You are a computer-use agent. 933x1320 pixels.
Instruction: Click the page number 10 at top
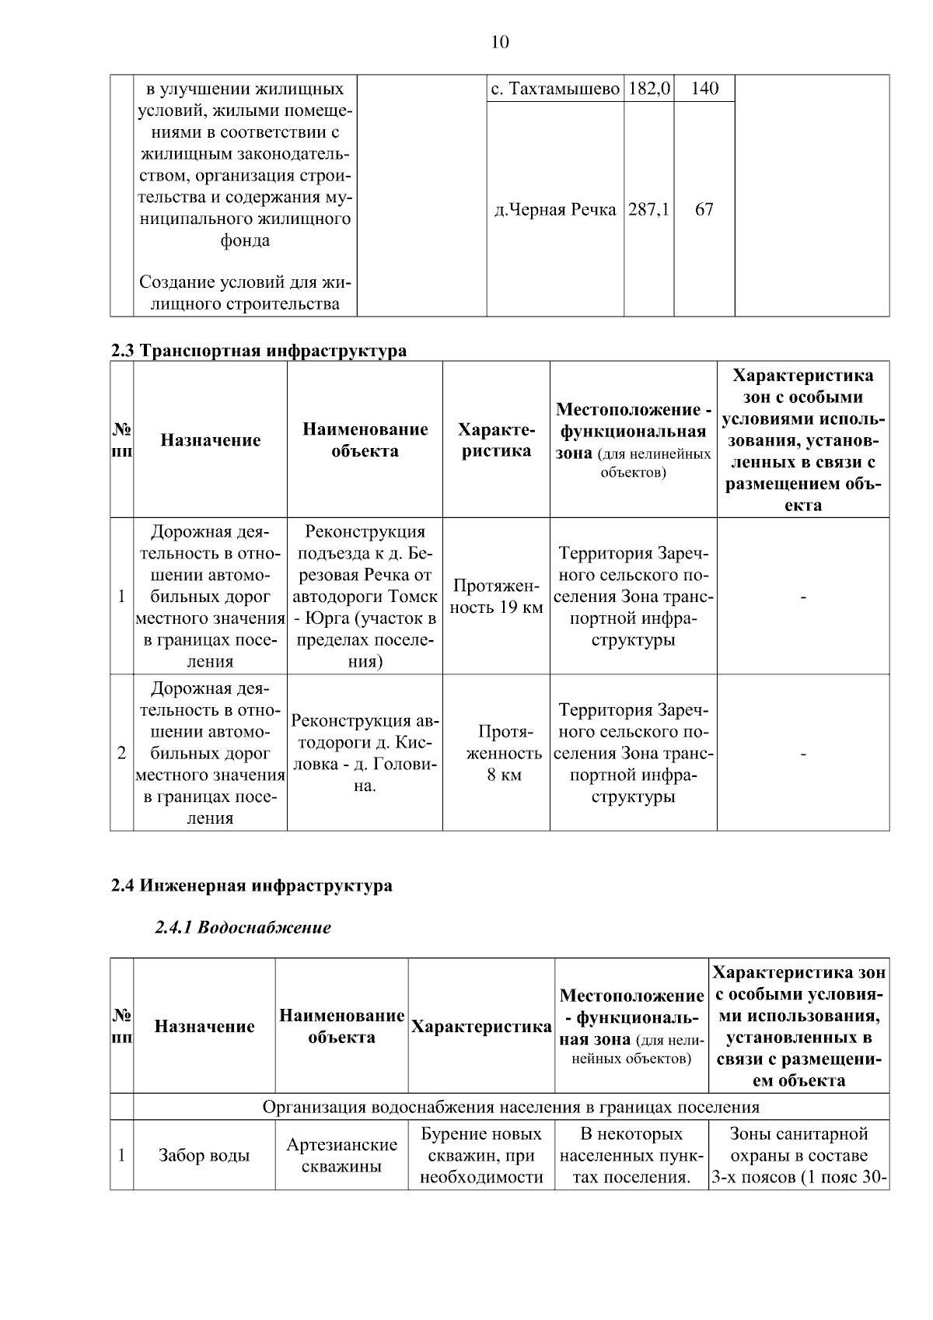click(x=500, y=42)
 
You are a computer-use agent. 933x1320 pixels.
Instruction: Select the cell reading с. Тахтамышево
click(x=555, y=89)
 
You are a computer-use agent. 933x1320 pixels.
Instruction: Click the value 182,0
click(x=648, y=89)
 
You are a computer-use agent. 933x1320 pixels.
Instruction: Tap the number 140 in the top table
click(x=704, y=89)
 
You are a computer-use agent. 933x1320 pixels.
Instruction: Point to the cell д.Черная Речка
click(x=555, y=210)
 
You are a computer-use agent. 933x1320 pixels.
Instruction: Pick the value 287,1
click(x=648, y=210)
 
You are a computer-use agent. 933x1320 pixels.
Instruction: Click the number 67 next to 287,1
click(x=704, y=210)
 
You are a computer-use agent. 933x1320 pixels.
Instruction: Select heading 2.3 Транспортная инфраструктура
click(x=258, y=351)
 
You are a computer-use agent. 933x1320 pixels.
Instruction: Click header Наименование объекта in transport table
click(x=365, y=440)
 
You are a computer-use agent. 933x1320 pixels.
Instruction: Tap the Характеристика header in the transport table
click(x=496, y=440)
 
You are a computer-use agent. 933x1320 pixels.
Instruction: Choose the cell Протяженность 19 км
click(x=496, y=597)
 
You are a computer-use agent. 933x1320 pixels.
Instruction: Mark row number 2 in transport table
click(x=121, y=753)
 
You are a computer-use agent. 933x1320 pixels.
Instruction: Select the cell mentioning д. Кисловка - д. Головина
click(x=365, y=753)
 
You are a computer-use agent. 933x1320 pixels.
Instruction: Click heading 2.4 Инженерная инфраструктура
click(x=251, y=886)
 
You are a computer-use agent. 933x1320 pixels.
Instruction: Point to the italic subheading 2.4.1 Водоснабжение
click(x=243, y=928)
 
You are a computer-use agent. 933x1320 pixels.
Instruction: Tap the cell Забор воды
click(x=204, y=1156)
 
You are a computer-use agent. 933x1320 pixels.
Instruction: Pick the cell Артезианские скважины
click(x=341, y=1156)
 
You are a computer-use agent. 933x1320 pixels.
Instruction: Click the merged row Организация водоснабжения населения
click(x=511, y=1107)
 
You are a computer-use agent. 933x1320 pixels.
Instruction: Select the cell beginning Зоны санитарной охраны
click(x=798, y=1156)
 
